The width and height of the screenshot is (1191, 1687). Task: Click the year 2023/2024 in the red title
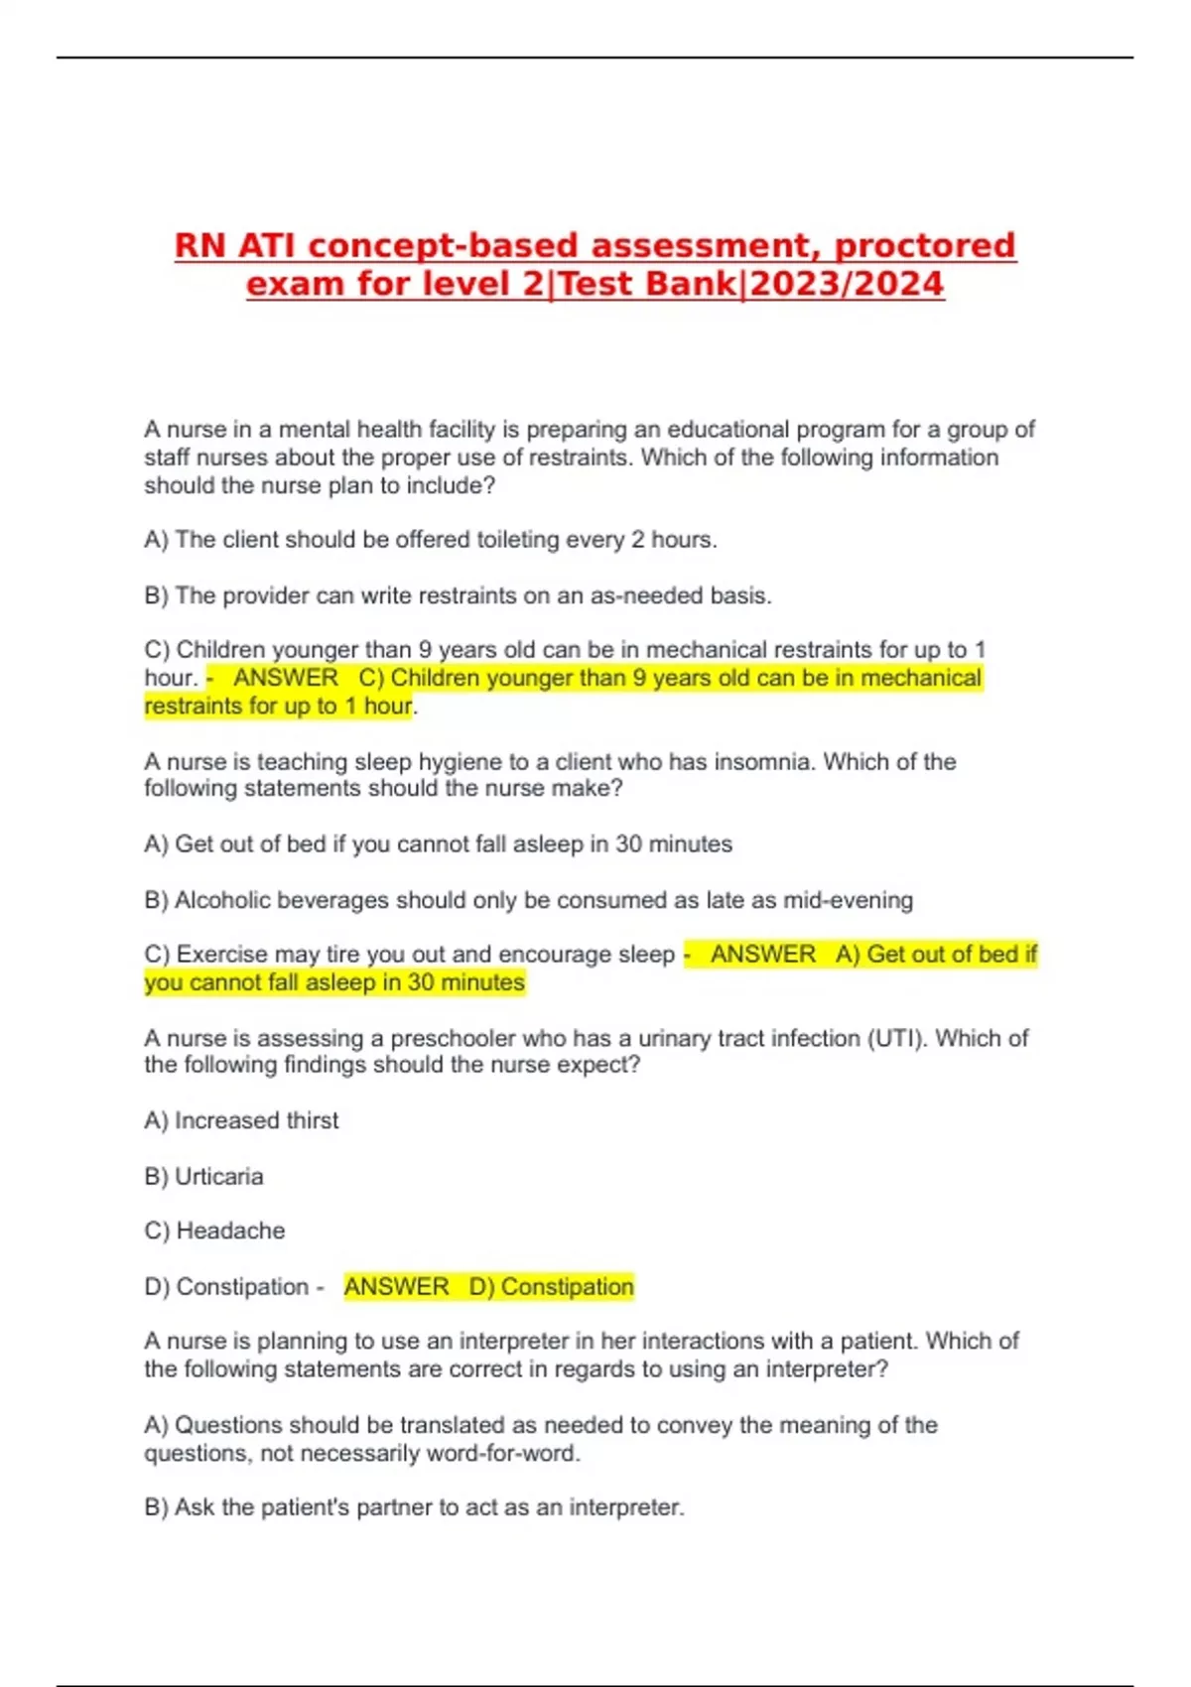pos(847,284)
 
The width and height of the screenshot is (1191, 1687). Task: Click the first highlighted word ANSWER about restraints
pos(286,678)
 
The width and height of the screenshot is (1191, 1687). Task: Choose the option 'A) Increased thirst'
pos(241,1120)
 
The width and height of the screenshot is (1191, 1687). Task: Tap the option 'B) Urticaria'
pos(203,1177)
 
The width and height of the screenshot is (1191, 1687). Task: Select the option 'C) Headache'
pos(214,1232)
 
